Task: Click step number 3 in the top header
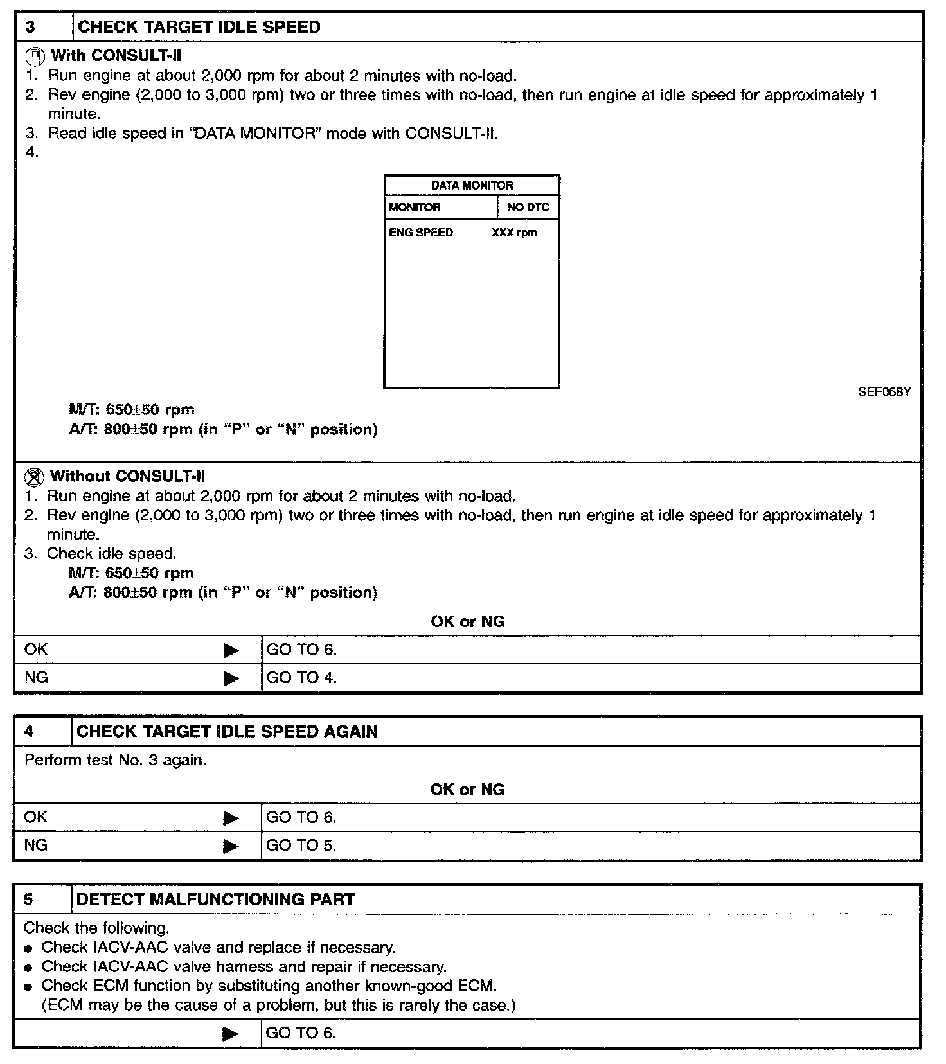pos(30,28)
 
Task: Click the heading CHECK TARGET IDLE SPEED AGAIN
pos(227,732)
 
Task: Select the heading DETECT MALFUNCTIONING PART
pos(215,899)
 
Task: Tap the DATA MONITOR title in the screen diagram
pos(472,186)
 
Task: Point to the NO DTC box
pos(528,208)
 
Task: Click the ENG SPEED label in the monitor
pos(421,233)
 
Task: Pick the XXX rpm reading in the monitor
pos(514,233)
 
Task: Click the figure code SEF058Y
pos(884,392)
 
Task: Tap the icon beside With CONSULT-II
pos(37,56)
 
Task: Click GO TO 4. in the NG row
pos(301,678)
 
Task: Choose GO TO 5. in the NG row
pos(301,846)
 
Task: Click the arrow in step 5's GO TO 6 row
pos(230,1034)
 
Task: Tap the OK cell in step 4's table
pos(36,817)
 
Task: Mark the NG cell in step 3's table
pos(36,678)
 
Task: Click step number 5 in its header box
pos(28,899)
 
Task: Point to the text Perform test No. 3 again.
pos(115,761)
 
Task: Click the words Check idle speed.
pos(111,554)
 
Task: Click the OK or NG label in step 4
pos(467,790)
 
